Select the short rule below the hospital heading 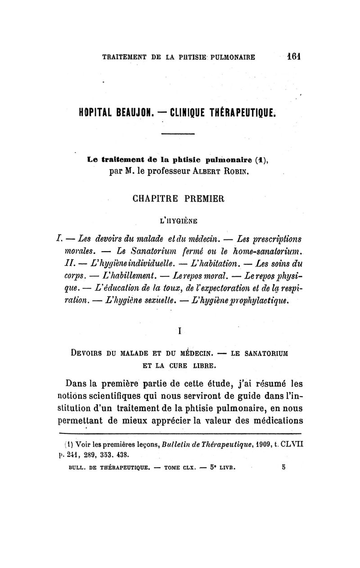(x=178, y=134)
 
